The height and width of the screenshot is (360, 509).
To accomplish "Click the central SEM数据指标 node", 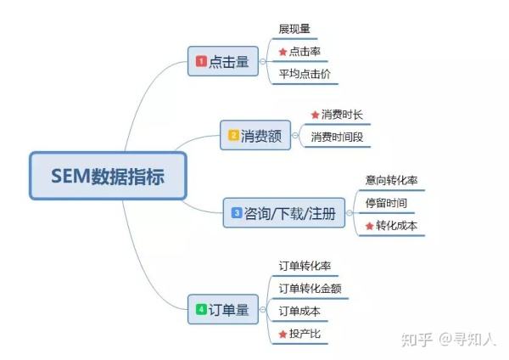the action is coord(108,176).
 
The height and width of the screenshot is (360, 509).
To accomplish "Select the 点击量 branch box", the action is coord(223,61).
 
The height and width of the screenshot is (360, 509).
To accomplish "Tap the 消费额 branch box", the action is coord(255,135).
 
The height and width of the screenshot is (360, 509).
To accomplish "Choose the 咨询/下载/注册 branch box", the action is coord(284,213).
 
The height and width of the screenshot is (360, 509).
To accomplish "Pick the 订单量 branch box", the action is coord(223,309).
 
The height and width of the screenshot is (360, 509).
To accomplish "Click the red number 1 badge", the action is coord(201,61).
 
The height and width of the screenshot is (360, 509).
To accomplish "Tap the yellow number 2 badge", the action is coord(233,135).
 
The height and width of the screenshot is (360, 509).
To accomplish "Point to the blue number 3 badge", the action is coord(237,213).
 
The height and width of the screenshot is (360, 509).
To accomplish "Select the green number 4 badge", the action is coord(201,309).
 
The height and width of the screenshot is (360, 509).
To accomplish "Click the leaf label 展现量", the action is coord(294,29).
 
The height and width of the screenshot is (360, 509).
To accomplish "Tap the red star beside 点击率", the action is coord(282,52).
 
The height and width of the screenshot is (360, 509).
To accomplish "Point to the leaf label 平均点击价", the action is coord(305,74).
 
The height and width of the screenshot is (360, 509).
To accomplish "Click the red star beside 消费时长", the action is coord(315,115).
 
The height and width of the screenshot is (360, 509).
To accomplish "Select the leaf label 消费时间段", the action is coord(337,137).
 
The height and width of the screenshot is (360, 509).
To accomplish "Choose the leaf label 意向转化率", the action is coord(391,180).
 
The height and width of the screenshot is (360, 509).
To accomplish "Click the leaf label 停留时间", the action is coord(386,203).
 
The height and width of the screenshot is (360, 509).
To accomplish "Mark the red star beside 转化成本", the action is coord(369,226).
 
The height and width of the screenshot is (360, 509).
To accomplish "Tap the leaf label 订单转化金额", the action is coord(310,289).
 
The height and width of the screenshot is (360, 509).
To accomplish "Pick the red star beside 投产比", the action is coord(282,334).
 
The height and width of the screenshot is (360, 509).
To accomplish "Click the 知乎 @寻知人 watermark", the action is coord(449,340).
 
